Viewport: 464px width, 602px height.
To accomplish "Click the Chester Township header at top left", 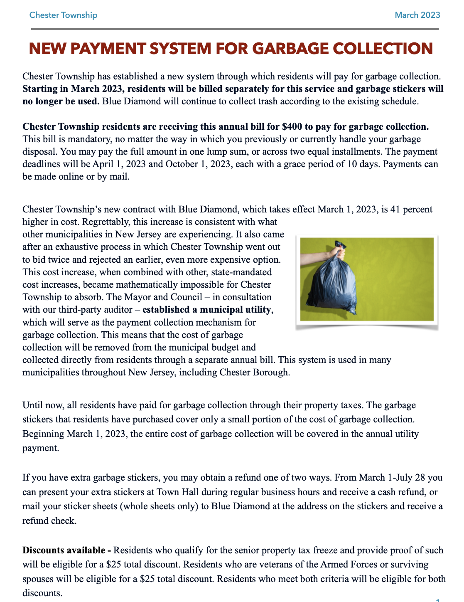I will [63, 15].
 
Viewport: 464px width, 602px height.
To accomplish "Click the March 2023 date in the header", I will [417, 15].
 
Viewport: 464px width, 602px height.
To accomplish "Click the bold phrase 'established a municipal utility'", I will [206, 310].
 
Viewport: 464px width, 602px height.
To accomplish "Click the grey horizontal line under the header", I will [235, 29].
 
